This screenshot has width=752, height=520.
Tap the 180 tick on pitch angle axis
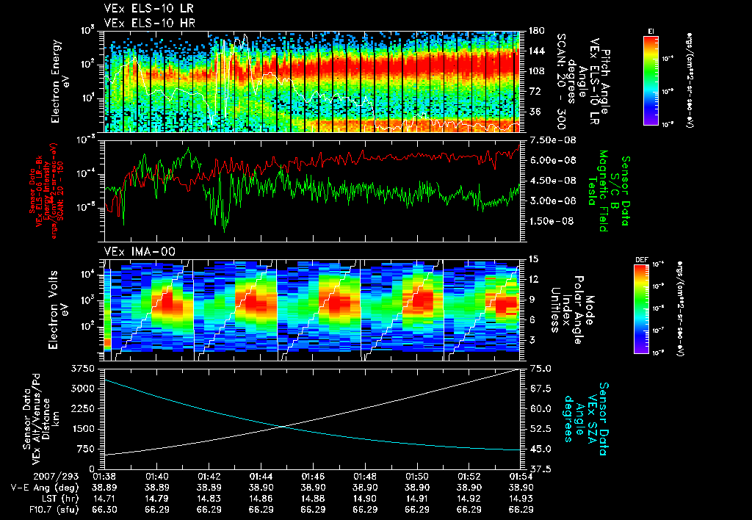click(535, 31)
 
